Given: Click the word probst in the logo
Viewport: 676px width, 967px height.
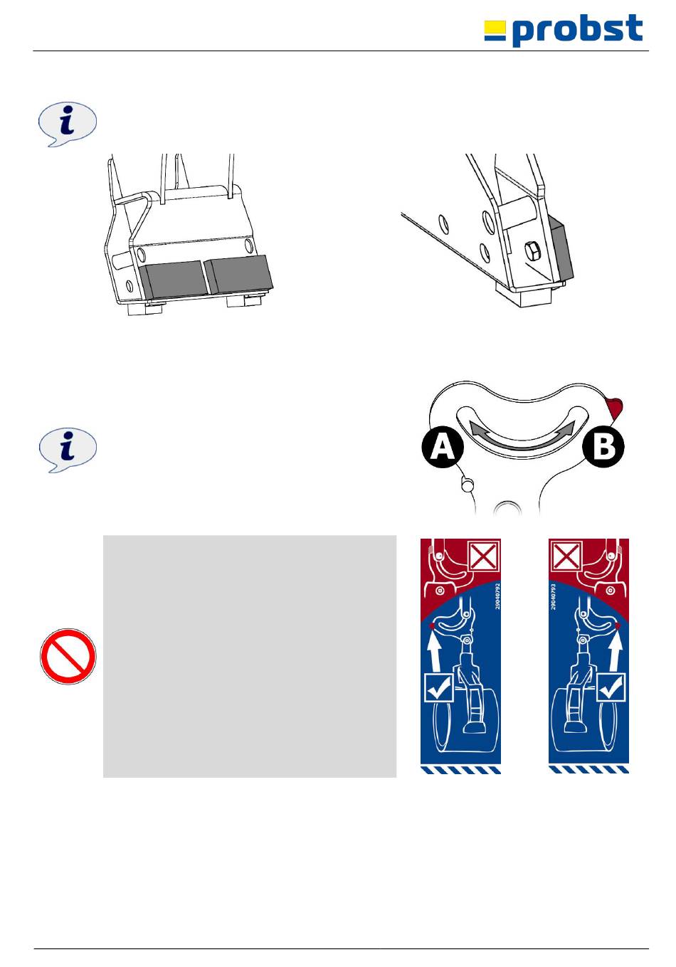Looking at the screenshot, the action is (x=578, y=29).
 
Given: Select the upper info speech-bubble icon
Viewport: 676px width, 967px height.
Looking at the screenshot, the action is (x=68, y=125).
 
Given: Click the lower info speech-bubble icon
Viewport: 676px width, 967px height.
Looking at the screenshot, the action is (x=68, y=450).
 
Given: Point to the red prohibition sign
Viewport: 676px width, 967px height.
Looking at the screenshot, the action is (x=68, y=656).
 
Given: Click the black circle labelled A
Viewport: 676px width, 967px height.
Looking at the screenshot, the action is (x=443, y=448).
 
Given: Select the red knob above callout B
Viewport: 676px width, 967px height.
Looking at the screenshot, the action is (x=615, y=407).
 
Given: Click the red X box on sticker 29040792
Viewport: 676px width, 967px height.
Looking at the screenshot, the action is (x=484, y=556).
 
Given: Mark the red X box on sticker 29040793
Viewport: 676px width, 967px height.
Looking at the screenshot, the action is (x=565, y=556).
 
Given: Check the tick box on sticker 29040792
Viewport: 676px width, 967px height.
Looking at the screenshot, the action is (x=440, y=687).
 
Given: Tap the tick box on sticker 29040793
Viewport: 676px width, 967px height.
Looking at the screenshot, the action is (x=611, y=687).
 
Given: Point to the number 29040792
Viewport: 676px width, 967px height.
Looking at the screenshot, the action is (x=497, y=596).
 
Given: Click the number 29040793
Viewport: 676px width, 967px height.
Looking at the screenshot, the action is (x=553, y=596).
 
